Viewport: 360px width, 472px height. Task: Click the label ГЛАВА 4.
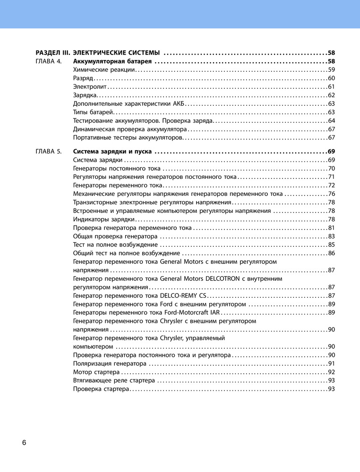coord(49,61)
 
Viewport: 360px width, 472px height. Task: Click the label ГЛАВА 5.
coord(49,152)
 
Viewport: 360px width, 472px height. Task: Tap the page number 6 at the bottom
coord(24,442)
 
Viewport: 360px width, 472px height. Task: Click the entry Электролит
coord(90,86)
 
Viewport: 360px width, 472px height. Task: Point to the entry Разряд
coord(83,78)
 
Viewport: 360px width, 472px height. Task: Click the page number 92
coord(331,372)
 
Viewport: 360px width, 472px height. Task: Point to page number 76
coord(331,194)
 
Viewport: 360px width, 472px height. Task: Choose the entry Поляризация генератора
coord(110,363)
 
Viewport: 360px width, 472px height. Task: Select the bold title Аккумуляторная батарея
coord(112,61)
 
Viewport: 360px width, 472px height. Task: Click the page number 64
coord(331,120)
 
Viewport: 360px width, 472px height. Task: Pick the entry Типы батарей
coord(94,112)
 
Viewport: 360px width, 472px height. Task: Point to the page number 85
coord(331,244)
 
